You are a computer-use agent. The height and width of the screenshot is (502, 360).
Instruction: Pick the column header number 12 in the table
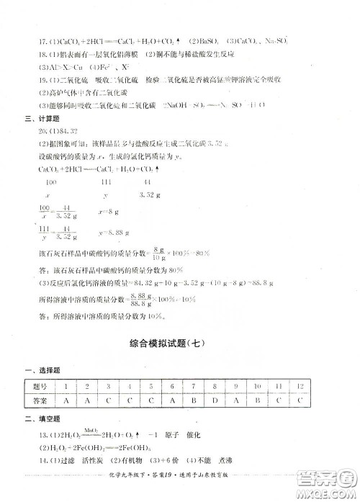pos(301,385)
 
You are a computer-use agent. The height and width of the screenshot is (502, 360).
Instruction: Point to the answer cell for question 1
pos(66,398)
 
